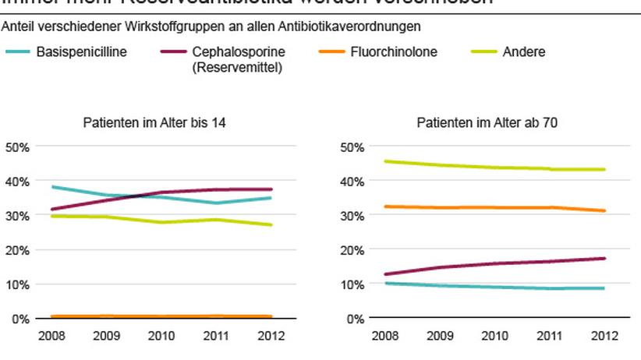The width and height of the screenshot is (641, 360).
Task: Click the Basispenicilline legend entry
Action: pyautogui.click(x=82, y=53)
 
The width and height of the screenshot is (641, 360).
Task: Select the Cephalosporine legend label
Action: pyautogui.click(x=235, y=53)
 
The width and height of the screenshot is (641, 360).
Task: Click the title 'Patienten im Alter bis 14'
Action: pyautogui.click(x=154, y=122)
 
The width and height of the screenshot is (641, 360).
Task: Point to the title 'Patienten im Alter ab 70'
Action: pyautogui.click(x=487, y=122)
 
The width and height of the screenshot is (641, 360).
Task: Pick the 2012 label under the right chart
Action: pyautogui.click(x=605, y=336)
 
